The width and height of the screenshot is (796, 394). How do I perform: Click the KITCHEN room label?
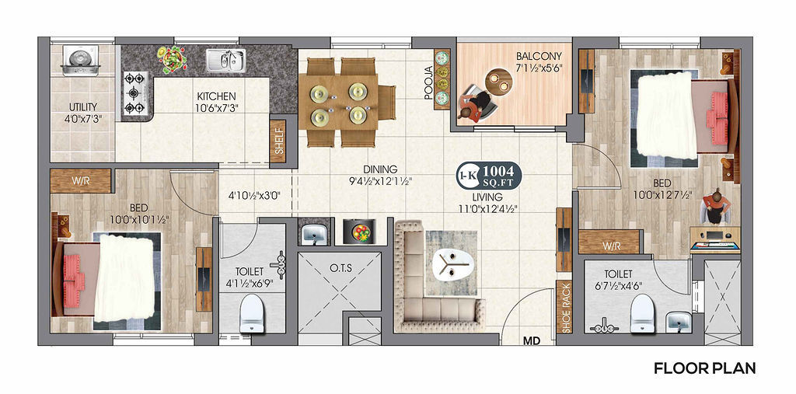(216, 96)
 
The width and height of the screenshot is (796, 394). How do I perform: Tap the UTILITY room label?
(83, 107)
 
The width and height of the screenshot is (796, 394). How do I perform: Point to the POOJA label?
(428, 82)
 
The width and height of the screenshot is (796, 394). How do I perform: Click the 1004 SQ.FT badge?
(489, 175)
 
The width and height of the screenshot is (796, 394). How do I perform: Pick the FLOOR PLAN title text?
(704, 368)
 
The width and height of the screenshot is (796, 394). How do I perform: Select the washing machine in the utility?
(80, 61)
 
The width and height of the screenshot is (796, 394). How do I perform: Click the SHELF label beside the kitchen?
(278, 141)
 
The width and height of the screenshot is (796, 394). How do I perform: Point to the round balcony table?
(497, 81)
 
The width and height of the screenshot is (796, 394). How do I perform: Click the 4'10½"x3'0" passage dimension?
(254, 194)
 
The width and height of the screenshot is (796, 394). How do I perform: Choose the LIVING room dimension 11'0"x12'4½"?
(492, 208)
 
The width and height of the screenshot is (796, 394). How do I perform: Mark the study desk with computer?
(715, 239)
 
